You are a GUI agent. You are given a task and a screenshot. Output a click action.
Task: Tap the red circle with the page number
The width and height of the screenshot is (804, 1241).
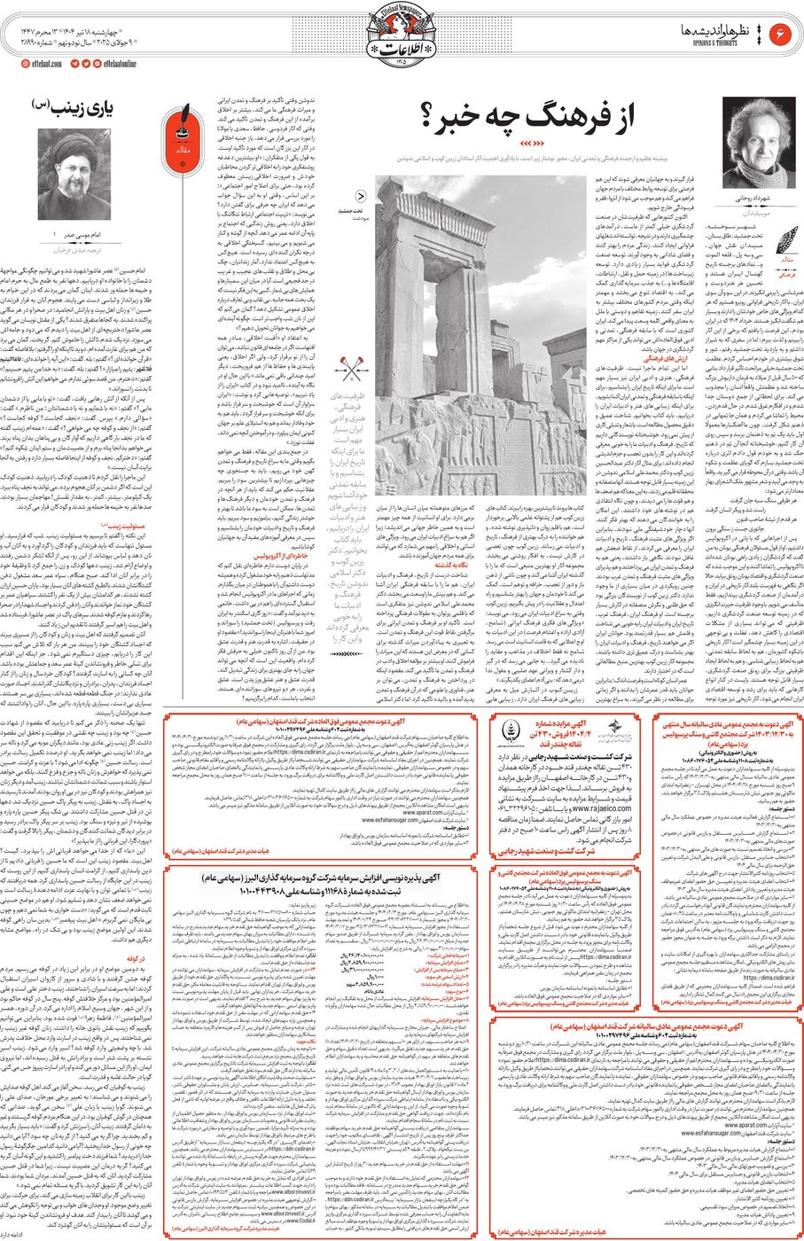click(x=782, y=33)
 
